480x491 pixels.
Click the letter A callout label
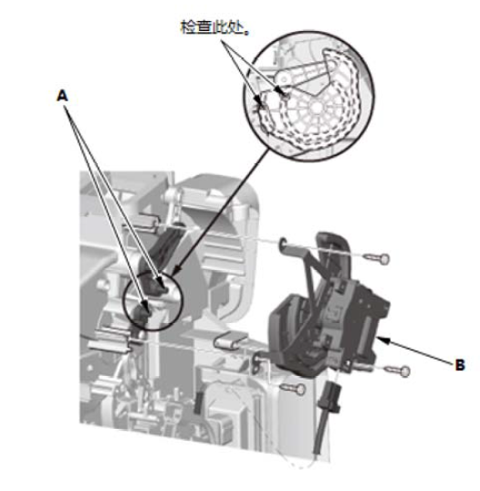(62, 96)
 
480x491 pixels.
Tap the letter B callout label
(460, 365)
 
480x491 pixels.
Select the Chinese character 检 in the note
(188, 27)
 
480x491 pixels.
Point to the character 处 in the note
(235, 27)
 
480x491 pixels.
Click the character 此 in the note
(220, 27)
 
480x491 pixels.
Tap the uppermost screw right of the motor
(377, 258)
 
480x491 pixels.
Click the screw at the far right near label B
(397, 371)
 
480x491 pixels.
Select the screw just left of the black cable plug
(293, 389)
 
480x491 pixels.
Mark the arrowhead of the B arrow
(383, 340)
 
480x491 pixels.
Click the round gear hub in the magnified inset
(317, 108)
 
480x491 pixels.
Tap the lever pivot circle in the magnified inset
(284, 78)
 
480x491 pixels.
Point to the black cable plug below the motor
(329, 397)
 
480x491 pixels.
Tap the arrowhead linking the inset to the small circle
(177, 268)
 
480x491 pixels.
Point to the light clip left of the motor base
(230, 340)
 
